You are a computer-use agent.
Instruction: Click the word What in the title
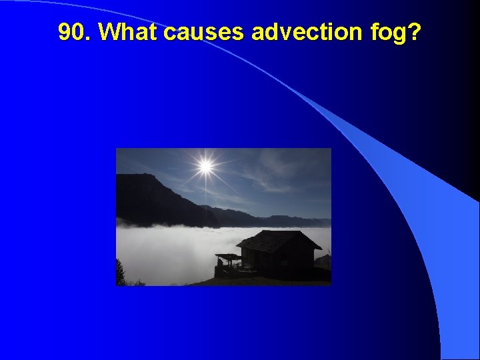coord(123,32)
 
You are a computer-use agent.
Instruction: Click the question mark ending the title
coord(415,32)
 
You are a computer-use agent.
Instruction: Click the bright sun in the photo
coord(205,165)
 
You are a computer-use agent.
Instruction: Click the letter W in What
coord(108,32)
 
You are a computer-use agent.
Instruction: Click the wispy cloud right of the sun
coord(273,167)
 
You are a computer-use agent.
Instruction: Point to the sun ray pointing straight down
coord(205,193)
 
